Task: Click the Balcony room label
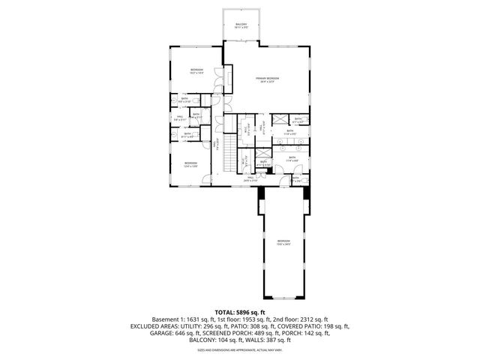click(x=241, y=25)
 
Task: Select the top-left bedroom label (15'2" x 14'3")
click(x=196, y=71)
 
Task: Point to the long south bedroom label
click(x=283, y=242)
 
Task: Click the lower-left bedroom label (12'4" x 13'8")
click(x=190, y=164)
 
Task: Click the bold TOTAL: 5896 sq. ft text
click(x=240, y=311)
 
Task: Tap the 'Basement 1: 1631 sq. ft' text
click(x=182, y=319)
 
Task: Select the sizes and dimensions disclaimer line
click(x=240, y=349)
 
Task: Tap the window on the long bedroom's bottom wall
click(x=283, y=295)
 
